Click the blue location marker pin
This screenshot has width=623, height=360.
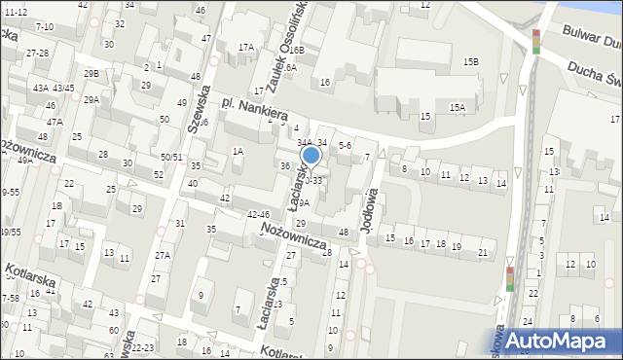(x=311, y=156)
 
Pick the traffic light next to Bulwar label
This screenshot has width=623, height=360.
(x=535, y=41)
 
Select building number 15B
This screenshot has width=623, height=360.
(x=470, y=62)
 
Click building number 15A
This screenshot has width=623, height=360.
(x=457, y=107)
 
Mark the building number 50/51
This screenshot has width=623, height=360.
(x=171, y=157)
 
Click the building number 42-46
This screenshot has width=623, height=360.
(x=258, y=214)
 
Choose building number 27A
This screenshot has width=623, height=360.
(x=163, y=256)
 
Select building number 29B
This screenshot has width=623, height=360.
(x=92, y=74)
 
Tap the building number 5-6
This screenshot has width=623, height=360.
(x=344, y=145)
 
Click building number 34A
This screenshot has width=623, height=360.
(x=305, y=143)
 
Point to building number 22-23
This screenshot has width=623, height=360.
(x=142, y=347)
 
